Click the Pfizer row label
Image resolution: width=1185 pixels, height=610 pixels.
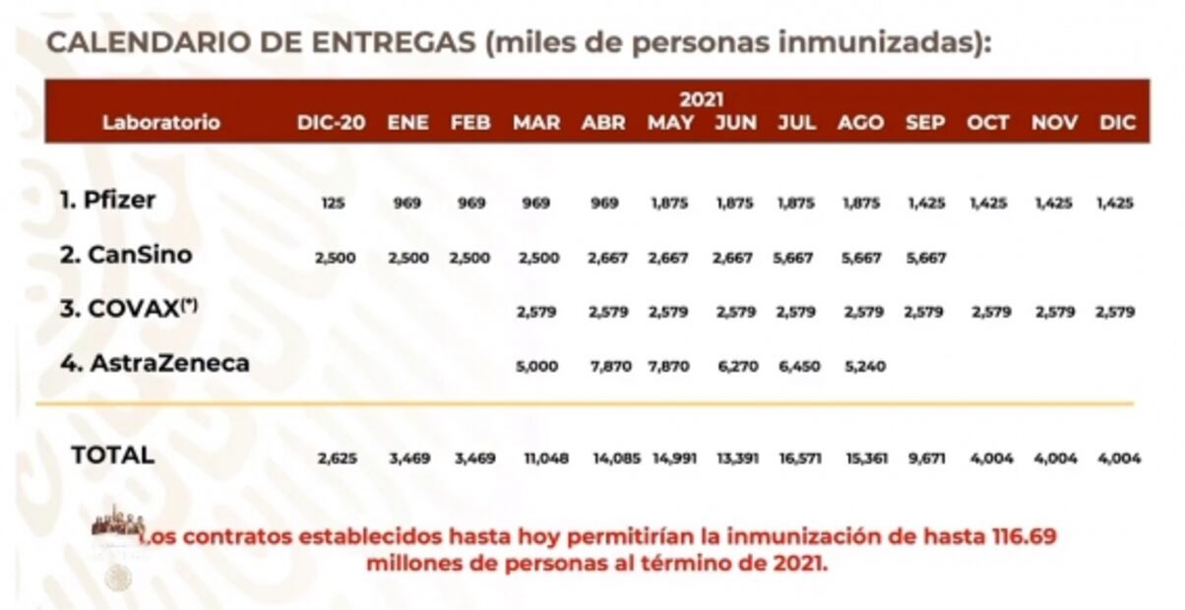(x=107, y=201)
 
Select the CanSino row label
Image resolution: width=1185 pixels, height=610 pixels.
(x=125, y=255)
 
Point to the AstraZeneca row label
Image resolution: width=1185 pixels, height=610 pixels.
(x=155, y=363)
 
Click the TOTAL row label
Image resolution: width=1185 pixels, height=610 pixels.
(x=112, y=455)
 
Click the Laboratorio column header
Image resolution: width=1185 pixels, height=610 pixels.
(x=161, y=123)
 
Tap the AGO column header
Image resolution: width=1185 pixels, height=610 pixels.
(x=860, y=123)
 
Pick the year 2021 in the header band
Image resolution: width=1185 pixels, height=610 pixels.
(x=701, y=99)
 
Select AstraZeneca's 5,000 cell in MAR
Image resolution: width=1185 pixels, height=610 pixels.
(x=536, y=366)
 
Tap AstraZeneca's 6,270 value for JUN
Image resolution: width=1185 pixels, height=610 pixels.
(x=734, y=366)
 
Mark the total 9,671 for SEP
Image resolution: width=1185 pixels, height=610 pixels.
(x=925, y=458)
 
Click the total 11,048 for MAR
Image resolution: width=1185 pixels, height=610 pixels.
(x=545, y=458)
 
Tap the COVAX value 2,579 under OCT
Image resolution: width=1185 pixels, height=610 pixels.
(x=988, y=312)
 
